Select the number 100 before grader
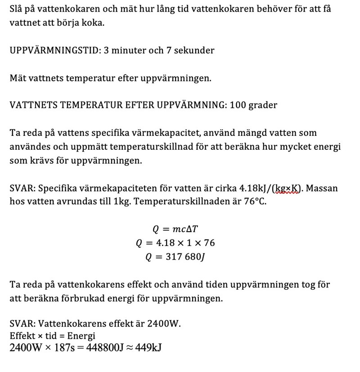tap(238, 105)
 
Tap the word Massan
tap(322, 188)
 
